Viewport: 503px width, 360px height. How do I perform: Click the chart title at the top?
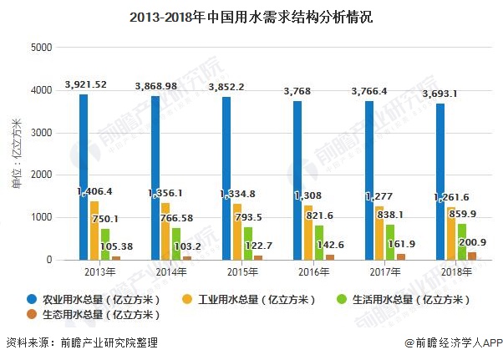coord(251,15)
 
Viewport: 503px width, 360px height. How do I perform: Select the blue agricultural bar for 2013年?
coord(84,177)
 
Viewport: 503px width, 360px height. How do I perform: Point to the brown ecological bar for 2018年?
coord(472,256)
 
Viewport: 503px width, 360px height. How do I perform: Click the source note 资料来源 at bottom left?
coord(82,343)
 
